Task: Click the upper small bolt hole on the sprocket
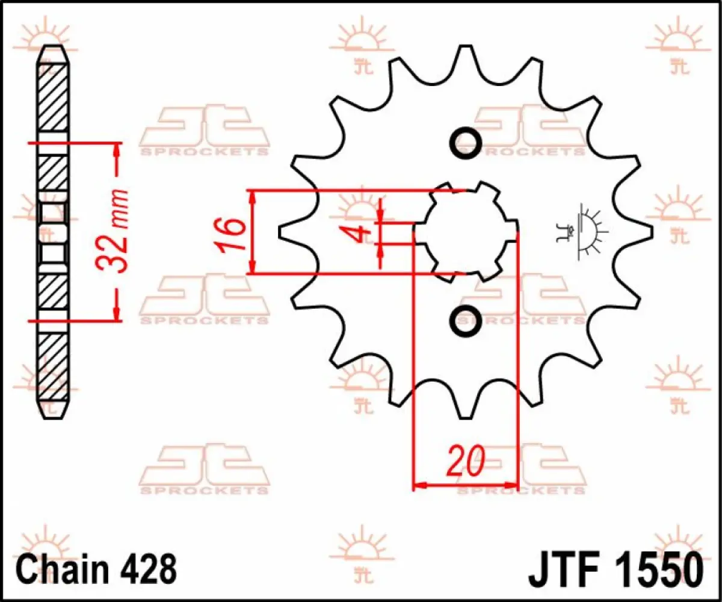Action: click(x=466, y=142)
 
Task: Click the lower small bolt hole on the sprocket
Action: click(x=466, y=318)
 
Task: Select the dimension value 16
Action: click(x=232, y=234)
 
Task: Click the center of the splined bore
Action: click(x=466, y=232)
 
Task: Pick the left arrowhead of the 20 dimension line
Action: click(x=420, y=484)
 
